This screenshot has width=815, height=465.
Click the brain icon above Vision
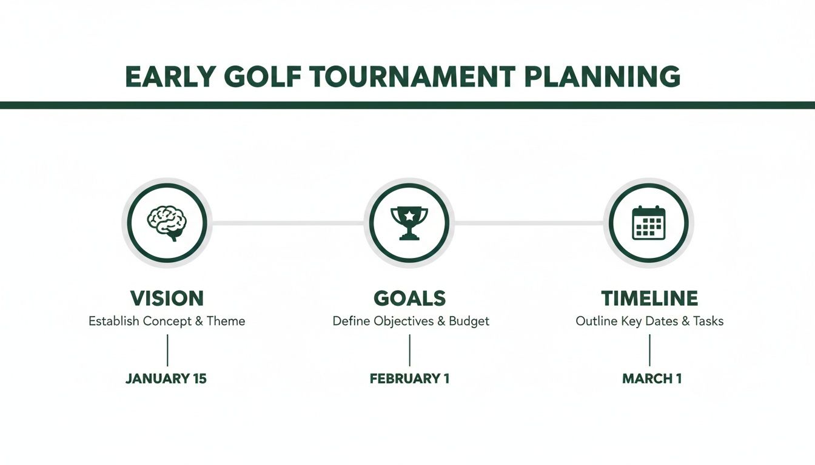click(x=167, y=223)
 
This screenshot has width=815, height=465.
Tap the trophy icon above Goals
click(x=409, y=222)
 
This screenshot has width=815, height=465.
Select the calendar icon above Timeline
click(x=649, y=223)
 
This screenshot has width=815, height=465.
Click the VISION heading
click(x=167, y=298)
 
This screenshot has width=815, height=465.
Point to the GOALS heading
click(x=409, y=298)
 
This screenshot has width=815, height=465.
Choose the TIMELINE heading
click(x=649, y=298)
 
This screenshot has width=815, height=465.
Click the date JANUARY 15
click(x=166, y=379)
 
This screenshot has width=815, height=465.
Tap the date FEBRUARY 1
click(x=409, y=379)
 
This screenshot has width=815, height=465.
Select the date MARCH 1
click(x=652, y=379)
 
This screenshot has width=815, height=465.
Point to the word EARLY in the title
click(x=169, y=77)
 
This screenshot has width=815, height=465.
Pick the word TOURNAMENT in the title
click(x=412, y=77)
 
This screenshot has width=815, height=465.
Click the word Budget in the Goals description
click(x=469, y=321)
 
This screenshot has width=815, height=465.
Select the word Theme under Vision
click(x=226, y=321)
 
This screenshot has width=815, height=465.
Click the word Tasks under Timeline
click(x=708, y=321)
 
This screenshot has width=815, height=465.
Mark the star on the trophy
click(x=409, y=214)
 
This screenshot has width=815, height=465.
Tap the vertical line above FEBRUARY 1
click(x=409, y=350)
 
